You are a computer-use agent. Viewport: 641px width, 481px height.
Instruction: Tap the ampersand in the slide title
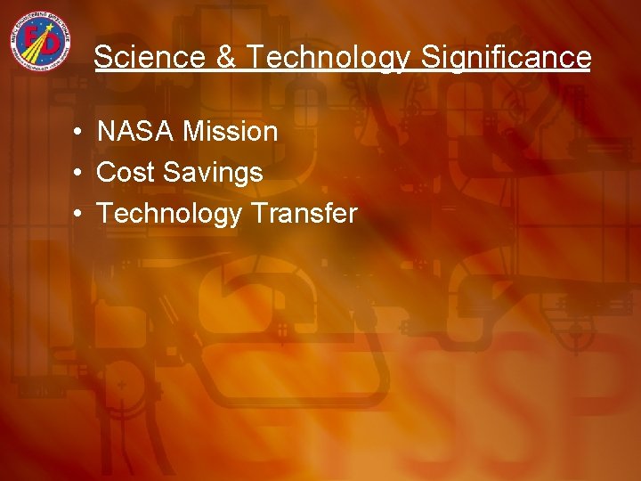225,58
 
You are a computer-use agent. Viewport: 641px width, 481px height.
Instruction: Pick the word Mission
231,132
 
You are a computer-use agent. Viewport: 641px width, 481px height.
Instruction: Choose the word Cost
123,173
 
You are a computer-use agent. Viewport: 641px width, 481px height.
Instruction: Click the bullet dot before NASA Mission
79,133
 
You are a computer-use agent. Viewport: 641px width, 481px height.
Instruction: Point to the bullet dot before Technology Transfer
79,215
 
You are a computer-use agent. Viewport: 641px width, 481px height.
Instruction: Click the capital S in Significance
430,58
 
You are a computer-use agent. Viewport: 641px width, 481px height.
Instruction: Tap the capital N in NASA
105,132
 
